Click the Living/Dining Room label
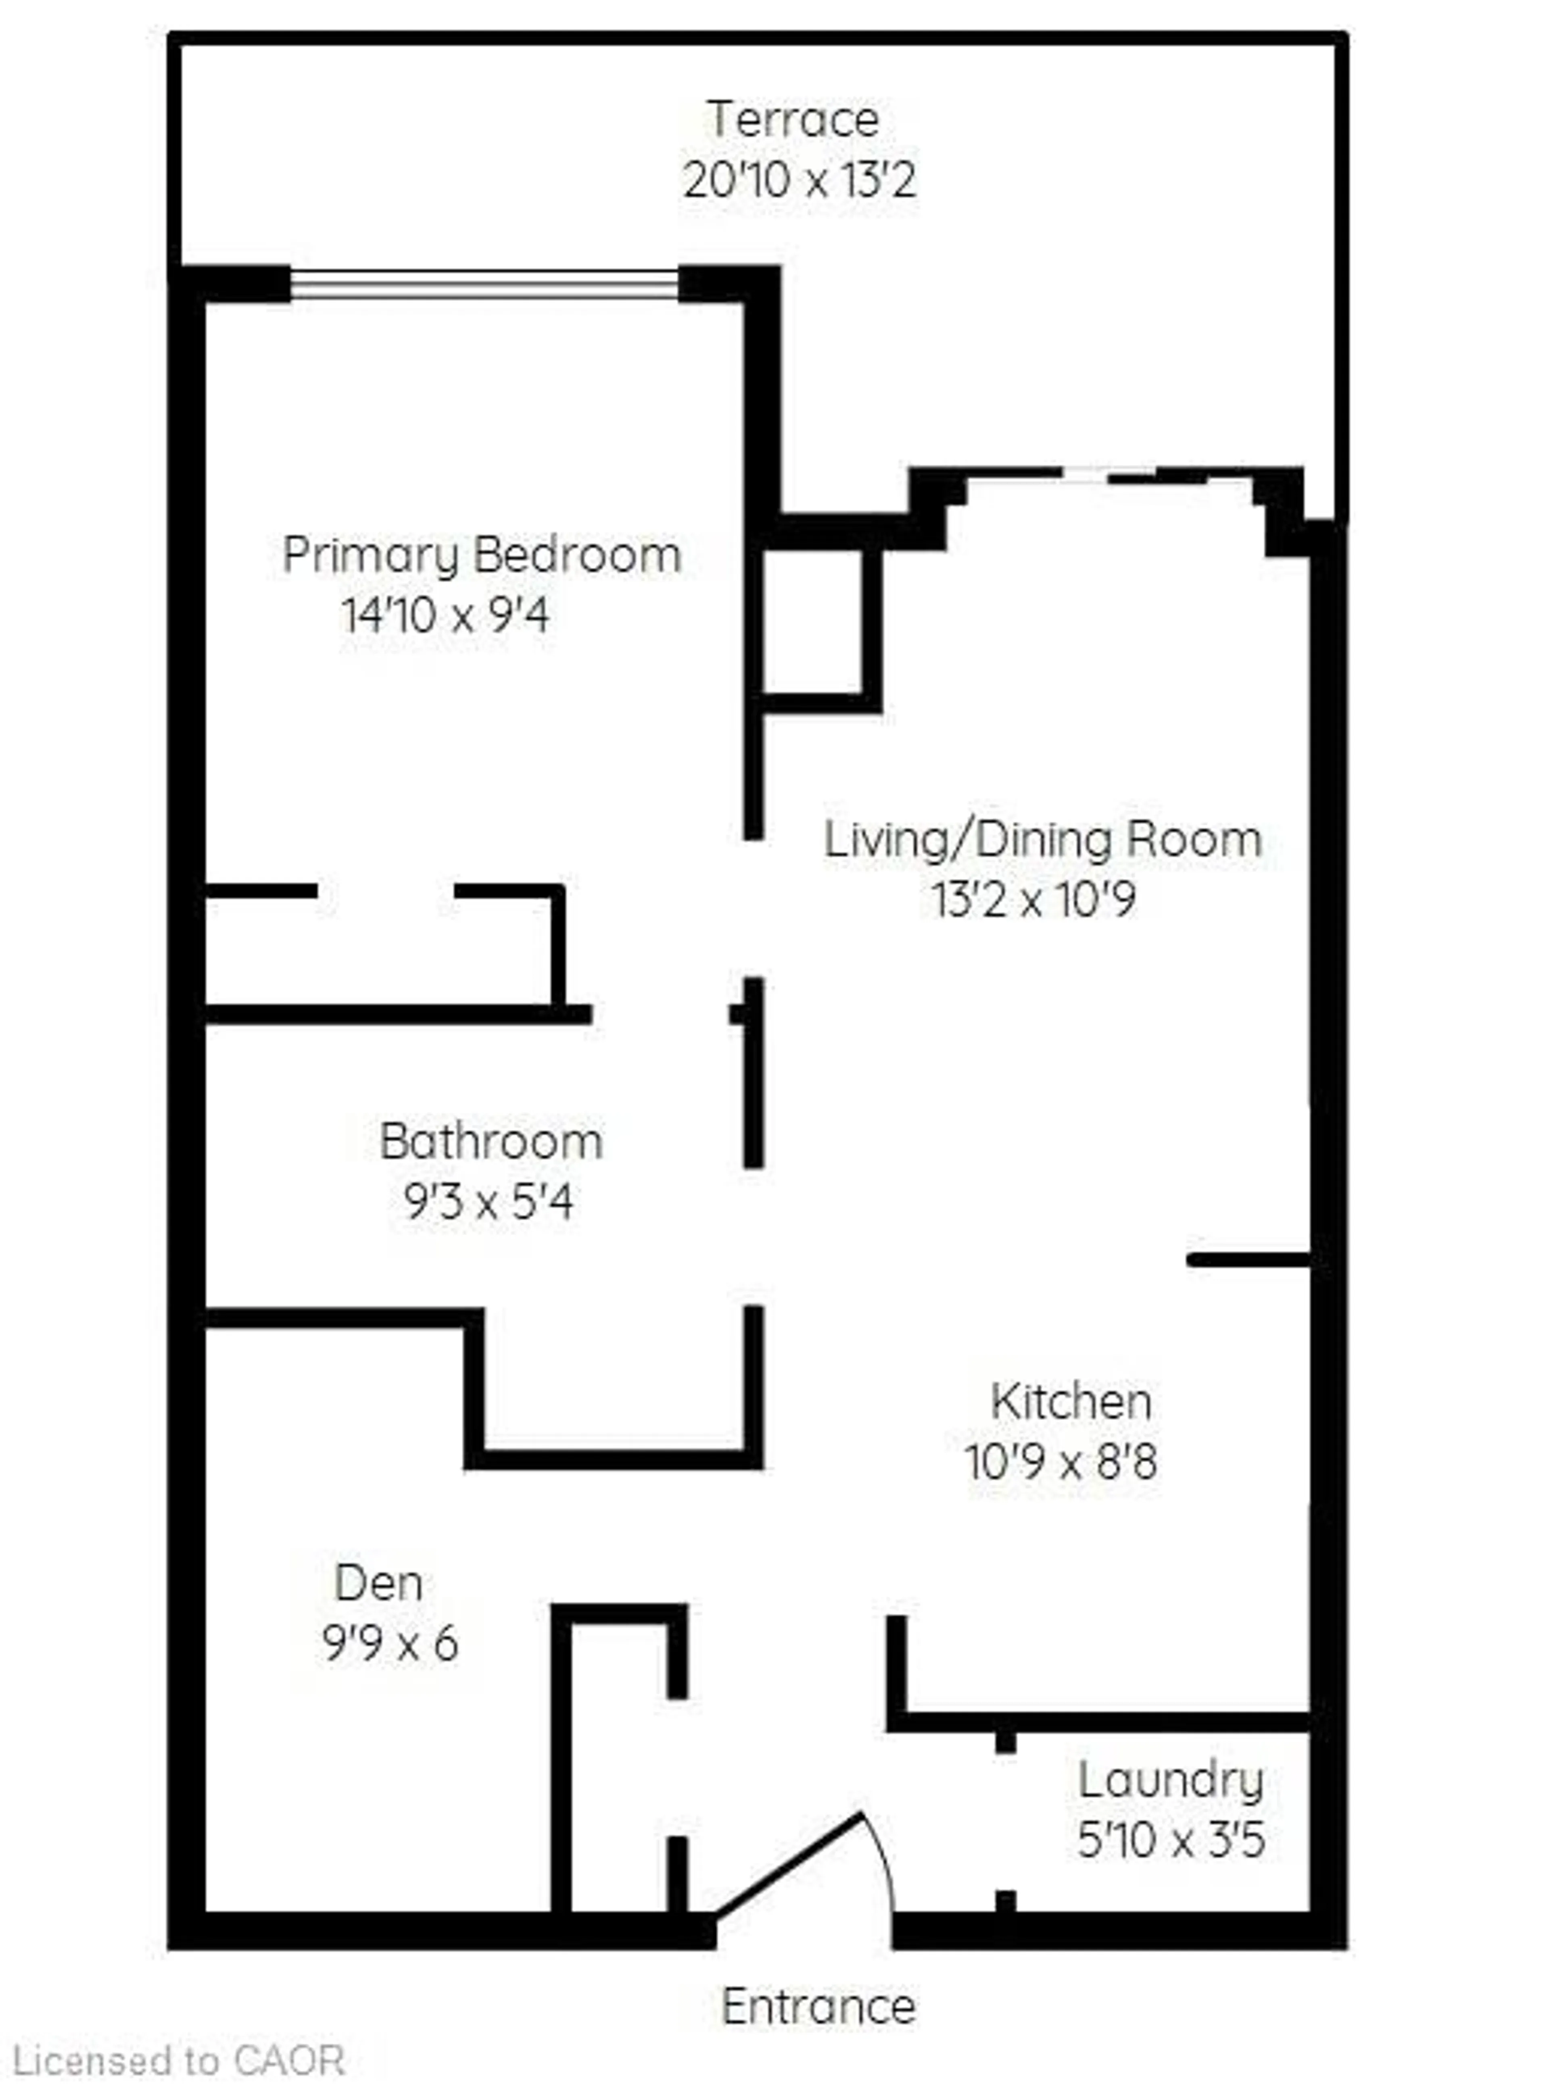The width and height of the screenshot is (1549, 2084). tap(1043, 839)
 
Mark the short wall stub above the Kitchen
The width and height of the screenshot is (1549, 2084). tap(1248, 1260)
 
